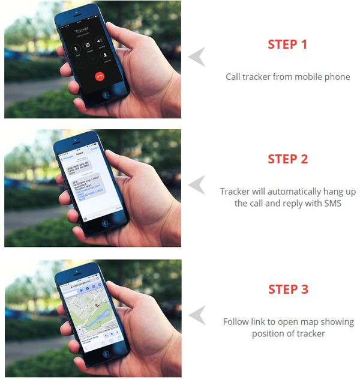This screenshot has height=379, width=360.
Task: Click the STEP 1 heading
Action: pyautogui.click(x=287, y=44)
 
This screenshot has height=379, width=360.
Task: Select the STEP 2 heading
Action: pyautogui.click(x=287, y=159)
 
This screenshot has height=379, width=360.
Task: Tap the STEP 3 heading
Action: pyautogui.click(x=287, y=289)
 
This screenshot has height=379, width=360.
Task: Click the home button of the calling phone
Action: pyautogui.click(x=106, y=94)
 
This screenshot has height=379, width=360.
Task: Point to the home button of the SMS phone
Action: pyautogui.click(x=106, y=223)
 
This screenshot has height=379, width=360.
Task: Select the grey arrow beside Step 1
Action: pyautogui.click(x=196, y=57)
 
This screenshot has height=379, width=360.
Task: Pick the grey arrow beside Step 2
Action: pyautogui.click(x=196, y=184)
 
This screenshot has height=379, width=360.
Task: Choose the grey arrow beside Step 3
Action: pyautogui.click(x=196, y=314)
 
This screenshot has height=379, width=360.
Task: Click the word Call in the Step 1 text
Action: pyautogui.click(x=234, y=77)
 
